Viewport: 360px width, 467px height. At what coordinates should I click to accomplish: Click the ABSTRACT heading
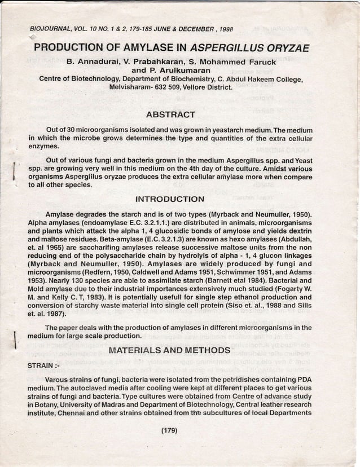click(173, 115)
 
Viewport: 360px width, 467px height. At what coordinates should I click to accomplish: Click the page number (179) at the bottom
click(169, 431)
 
